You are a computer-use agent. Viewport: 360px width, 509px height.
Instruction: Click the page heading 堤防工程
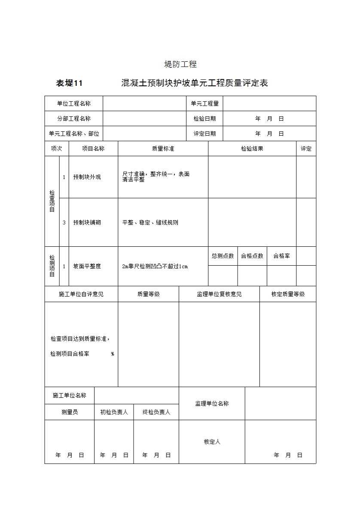click(180, 64)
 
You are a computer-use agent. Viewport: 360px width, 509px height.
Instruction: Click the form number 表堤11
click(69, 83)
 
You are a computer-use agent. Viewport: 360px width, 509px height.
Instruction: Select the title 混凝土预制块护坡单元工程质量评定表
click(195, 83)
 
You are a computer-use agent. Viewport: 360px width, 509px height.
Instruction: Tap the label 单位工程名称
click(74, 103)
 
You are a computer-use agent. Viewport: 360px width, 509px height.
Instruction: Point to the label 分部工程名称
click(74, 118)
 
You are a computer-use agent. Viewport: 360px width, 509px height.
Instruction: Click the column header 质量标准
click(163, 148)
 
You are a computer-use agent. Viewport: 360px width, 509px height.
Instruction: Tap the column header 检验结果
click(252, 148)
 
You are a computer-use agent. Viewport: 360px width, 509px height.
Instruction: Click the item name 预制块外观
click(87, 177)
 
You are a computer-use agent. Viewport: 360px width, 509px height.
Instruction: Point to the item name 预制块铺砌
click(87, 222)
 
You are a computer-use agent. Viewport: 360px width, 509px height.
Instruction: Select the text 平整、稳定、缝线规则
click(150, 222)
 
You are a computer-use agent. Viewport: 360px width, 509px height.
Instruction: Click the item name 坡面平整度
click(87, 266)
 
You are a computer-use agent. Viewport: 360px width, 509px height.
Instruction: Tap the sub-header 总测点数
click(223, 256)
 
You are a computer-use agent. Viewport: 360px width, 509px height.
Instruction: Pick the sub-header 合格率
click(281, 256)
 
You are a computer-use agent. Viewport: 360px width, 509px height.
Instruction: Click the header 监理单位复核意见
click(219, 294)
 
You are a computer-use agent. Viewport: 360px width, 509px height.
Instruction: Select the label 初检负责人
click(114, 412)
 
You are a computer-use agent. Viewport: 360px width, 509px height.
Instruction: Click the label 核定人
click(212, 442)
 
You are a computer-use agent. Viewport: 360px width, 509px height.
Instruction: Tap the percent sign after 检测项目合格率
click(113, 354)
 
